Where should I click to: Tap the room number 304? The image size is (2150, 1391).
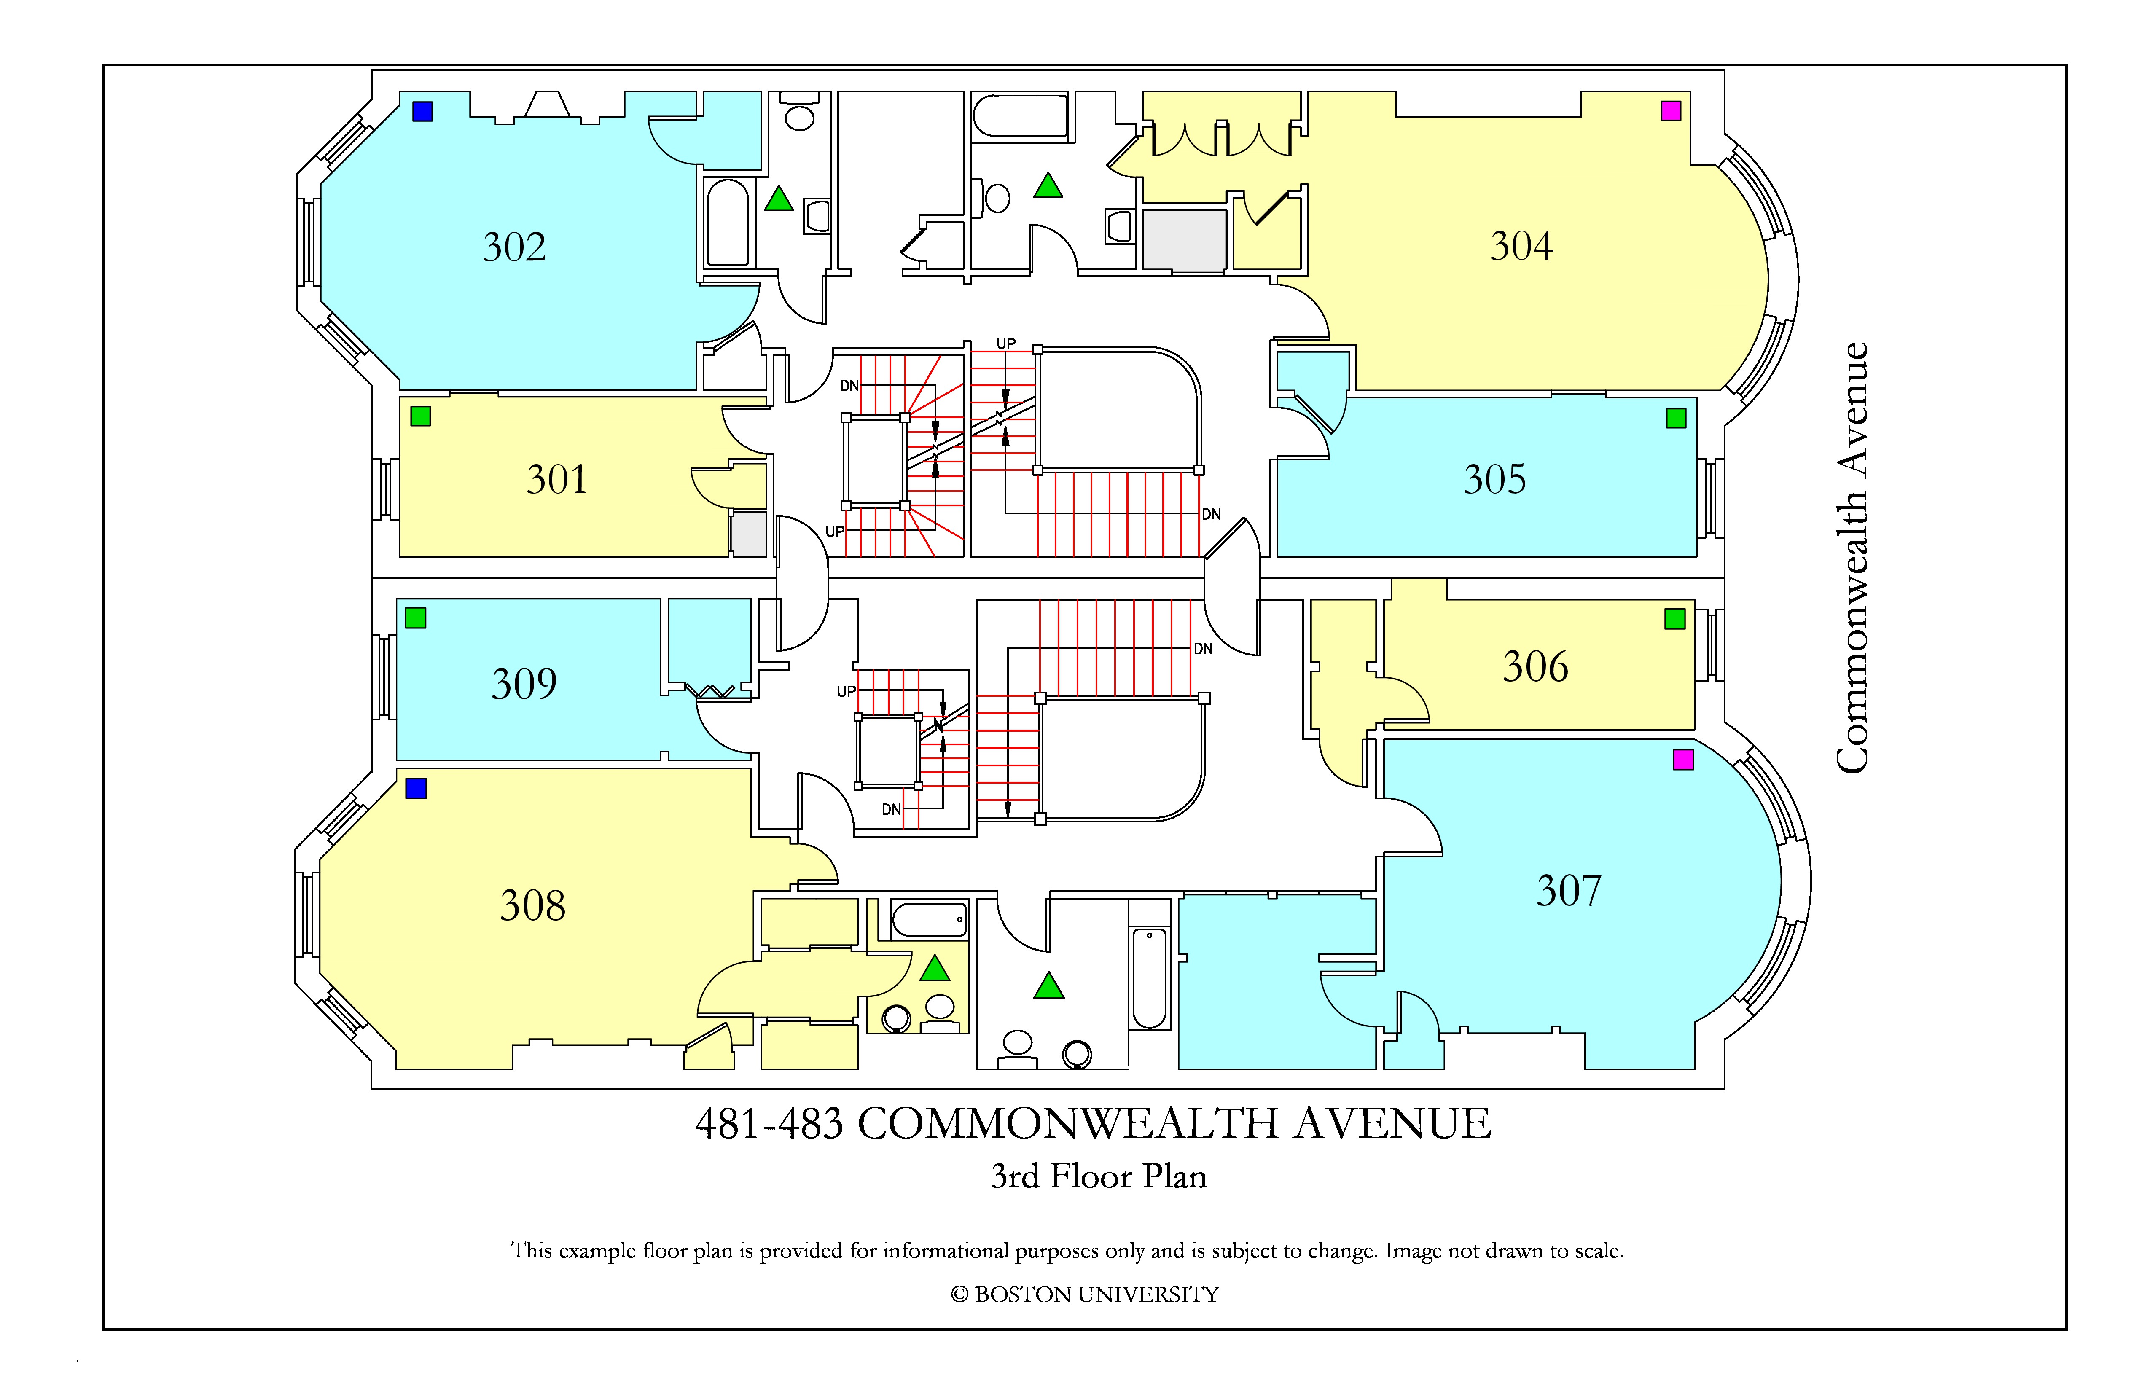click(x=1521, y=246)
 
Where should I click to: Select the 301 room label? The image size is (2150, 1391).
click(x=556, y=480)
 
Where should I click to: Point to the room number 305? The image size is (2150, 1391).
click(x=1495, y=480)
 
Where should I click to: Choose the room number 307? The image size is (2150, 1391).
click(x=1569, y=891)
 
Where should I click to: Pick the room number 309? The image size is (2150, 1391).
click(x=524, y=684)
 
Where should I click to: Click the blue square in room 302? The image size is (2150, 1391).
click(x=423, y=111)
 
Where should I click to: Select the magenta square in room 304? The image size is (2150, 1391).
click(x=1671, y=111)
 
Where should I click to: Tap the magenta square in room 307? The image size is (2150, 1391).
click(x=1683, y=760)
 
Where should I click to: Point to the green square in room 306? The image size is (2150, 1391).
click(x=1675, y=619)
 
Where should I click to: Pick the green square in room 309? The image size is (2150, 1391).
click(x=416, y=618)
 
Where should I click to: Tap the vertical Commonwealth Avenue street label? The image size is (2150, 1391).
click(x=1852, y=557)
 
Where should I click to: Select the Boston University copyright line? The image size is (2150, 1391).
click(x=1084, y=1294)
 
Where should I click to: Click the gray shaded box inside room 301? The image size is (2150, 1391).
click(x=748, y=534)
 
